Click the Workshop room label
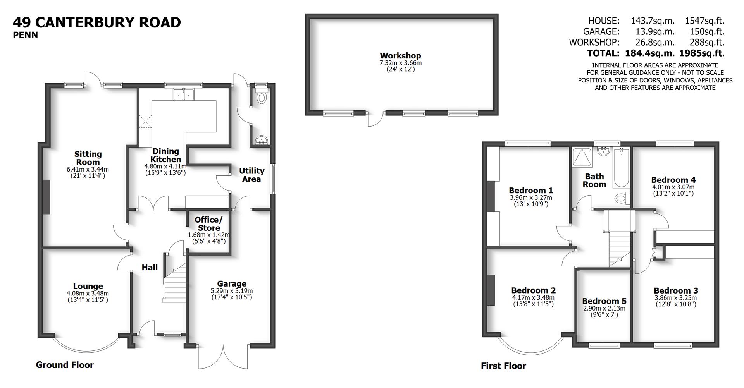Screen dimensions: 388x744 [400, 56]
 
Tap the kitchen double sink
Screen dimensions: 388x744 [184, 94]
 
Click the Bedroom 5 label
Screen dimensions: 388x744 [604, 301]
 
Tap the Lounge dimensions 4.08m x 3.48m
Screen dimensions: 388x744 [88, 294]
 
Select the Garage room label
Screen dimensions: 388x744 [232, 284]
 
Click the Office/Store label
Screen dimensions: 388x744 [209, 224]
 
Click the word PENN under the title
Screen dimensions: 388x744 [25, 35]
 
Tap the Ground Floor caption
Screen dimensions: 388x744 [65, 365]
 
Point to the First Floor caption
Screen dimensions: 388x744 [503, 366]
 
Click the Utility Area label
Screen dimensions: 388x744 [251, 175]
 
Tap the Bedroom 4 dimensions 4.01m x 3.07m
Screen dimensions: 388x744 [673, 187]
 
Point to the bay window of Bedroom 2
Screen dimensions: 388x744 [530, 347]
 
